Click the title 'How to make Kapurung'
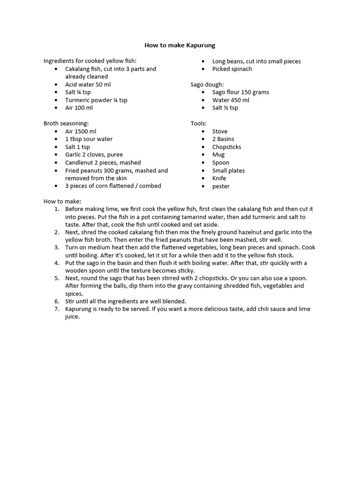click(180, 45)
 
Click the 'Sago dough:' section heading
click(207, 84)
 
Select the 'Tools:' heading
click(198, 123)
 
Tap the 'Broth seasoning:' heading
click(66, 123)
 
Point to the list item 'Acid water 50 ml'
click(88, 84)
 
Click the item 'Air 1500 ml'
click(81, 131)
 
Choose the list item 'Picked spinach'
click(232, 69)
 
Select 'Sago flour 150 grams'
click(240, 92)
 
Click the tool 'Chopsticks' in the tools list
click(226, 147)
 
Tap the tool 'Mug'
click(218, 155)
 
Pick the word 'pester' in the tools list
click(221, 186)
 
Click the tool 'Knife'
click(219, 178)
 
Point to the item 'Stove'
click(220, 131)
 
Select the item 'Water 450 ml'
click(231, 100)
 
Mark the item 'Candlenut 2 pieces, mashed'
click(103, 163)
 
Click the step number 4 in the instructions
click(57, 263)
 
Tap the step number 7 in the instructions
click(57, 309)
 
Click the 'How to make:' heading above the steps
click(62, 201)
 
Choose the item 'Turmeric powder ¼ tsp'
click(96, 100)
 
